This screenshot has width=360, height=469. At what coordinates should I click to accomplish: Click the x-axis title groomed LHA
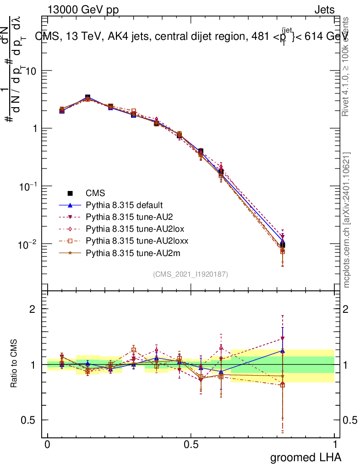click(305, 457)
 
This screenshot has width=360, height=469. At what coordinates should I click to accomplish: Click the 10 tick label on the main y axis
click(32, 71)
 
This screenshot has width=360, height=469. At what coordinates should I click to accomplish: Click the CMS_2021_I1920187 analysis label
click(191, 274)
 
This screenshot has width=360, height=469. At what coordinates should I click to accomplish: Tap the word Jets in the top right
click(324, 10)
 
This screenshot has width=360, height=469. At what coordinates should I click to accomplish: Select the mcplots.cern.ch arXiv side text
click(347, 220)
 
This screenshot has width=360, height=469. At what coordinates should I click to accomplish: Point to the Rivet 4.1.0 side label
click(347, 66)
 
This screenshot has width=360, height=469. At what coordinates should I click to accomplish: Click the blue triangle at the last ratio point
click(283, 351)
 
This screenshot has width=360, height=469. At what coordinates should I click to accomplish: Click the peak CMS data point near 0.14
click(87, 98)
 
